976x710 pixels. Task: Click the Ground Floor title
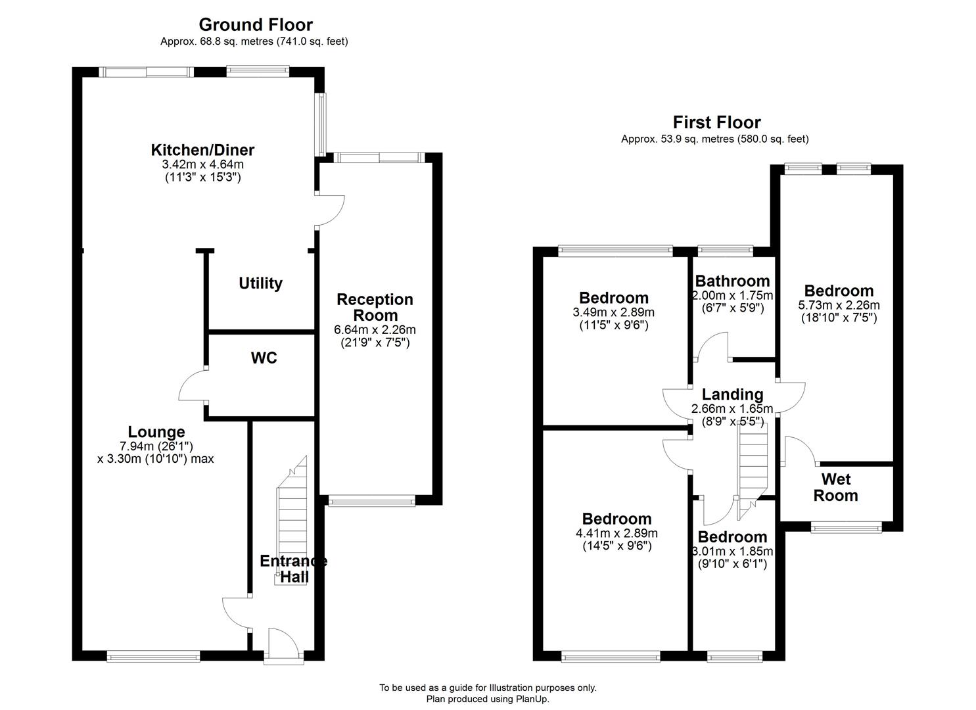click(x=256, y=25)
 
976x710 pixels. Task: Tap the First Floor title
click(x=716, y=122)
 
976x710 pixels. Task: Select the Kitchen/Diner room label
click(x=202, y=150)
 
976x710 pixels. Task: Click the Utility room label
click(x=260, y=283)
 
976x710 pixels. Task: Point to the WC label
click(x=264, y=358)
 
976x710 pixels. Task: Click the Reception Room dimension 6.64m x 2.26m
click(x=375, y=330)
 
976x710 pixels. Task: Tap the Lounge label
click(x=156, y=432)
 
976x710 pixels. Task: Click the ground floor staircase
click(x=291, y=519)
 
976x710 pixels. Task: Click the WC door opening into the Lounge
click(x=193, y=386)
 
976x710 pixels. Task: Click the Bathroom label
click(x=732, y=281)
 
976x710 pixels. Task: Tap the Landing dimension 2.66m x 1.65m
click(x=732, y=409)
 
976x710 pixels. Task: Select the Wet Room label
click(x=835, y=487)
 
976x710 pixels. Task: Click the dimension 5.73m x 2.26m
click(x=839, y=305)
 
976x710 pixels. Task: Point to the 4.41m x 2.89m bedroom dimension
click(x=616, y=533)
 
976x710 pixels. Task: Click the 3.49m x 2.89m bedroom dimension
click(x=613, y=312)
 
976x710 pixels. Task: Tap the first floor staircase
click(x=753, y=467)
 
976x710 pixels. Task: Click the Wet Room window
click(x=845, y=527)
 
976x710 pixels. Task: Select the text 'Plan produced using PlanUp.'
click(x=488, y=699)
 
